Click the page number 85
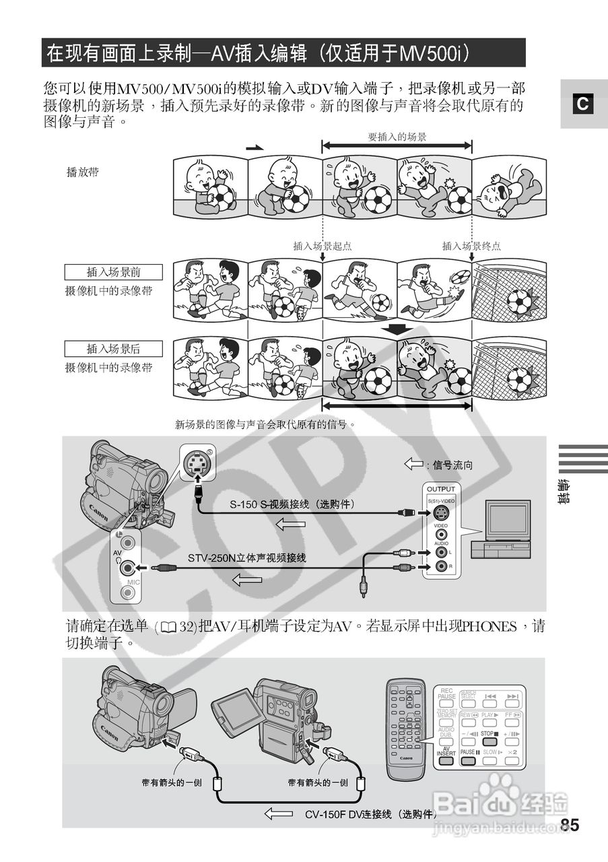click(569, 826)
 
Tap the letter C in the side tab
click(583, 104)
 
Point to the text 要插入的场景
click(397, 137)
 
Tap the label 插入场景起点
click(323, 246)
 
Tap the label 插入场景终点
click(471, 246)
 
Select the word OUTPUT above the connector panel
click(441, 489)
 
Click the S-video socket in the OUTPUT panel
click(441, 513)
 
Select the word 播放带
click(82, 172)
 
